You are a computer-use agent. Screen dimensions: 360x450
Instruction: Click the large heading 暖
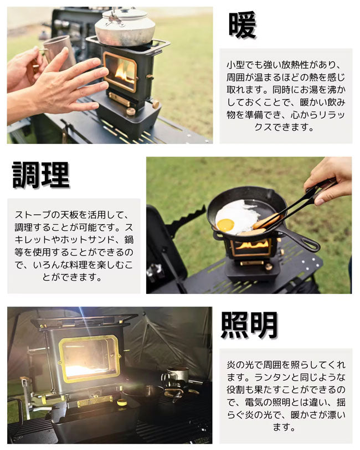click(x=242, y=25)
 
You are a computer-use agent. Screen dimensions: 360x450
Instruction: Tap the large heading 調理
click(x=41, y=175)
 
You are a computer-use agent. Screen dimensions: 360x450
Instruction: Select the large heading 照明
click(x=249, y=325)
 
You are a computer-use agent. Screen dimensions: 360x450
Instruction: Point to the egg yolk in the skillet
click(x=225, y=224)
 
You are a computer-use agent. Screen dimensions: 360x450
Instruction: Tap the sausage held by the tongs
click(x=265, y=221)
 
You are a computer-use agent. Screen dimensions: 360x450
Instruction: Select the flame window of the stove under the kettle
click(x=120, y=70)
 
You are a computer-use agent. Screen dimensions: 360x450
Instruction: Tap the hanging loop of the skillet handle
click(x=311, y=245)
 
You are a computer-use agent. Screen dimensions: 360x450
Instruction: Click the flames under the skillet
click(x=252, y=245)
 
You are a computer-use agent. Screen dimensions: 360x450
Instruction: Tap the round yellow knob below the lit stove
click(x=122, y=402)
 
